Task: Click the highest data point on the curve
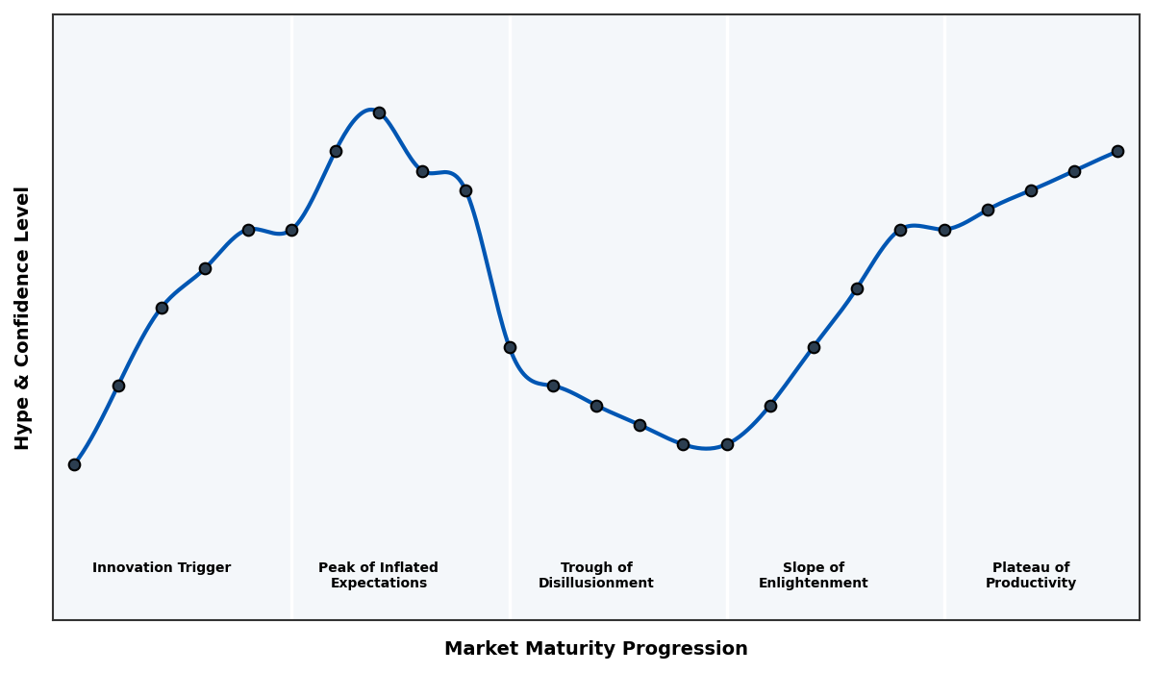pos(379,112)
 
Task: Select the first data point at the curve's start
pos(74,464)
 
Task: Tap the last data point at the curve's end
pos(1117,151)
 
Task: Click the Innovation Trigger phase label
pos(162,568)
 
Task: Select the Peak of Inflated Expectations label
pos(378,576)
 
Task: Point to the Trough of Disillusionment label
pos(596,576)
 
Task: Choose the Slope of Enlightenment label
pos(814,576)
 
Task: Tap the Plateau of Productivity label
pos(1031,576)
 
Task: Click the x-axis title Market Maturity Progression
pos(596,649)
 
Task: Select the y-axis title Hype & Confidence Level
pos(23,317)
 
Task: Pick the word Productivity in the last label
pos(1031,584)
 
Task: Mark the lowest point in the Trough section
pos(683,444)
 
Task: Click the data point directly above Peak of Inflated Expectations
pos(379,112)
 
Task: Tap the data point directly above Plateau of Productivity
pos(1031,190)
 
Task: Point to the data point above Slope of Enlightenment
pos(814,347)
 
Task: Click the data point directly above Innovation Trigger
pos(162,308)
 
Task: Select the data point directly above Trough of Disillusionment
pos(596,406)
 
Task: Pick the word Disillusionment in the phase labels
pos(596,584)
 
